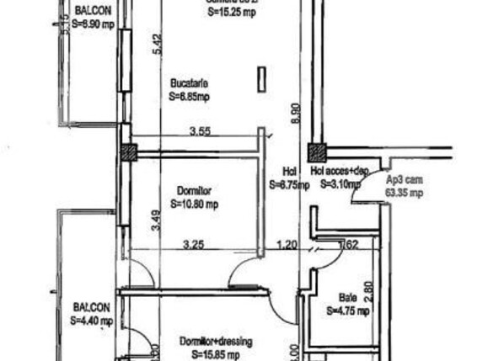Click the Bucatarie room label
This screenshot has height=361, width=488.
[x=189, y=83]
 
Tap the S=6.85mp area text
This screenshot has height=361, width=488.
[x=189, y=97]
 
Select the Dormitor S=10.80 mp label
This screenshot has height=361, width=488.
[x=194, y=197]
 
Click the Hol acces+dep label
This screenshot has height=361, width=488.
[x=340, y=171]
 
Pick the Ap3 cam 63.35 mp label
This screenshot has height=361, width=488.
[x=404, y=186]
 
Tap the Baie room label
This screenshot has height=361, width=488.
[x=348, y=297]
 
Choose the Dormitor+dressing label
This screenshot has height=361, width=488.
[x=216, y=342]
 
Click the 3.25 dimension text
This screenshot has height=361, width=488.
[x=195, y=245]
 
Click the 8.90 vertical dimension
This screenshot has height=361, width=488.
[x=294, y=114]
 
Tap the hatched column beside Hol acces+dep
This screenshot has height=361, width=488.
[x=317, y=152]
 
